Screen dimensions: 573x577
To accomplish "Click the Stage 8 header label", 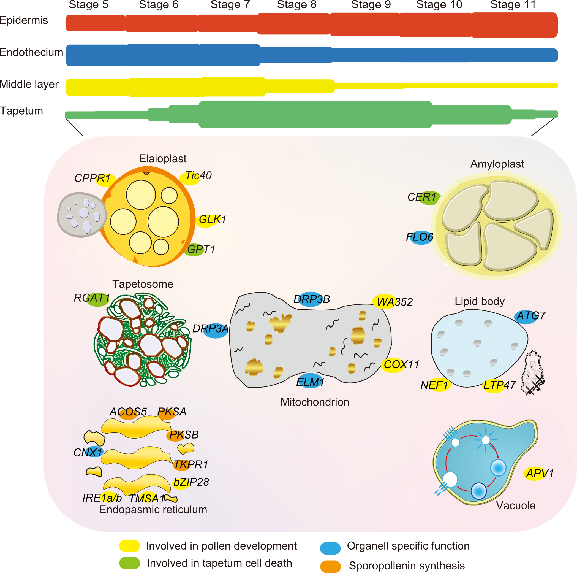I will click(x=296, y=5).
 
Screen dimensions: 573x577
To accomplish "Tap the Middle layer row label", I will click(x=29, y=84).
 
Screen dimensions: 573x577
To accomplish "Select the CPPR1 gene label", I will click(x=92, y=179).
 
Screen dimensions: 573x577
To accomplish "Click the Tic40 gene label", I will click(x=198, y=176).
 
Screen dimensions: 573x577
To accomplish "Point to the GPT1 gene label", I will click(x=201, y=249).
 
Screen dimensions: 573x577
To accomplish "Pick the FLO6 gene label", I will click(x=419, y=237).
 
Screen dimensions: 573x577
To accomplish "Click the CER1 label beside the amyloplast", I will click(x=422, y=197).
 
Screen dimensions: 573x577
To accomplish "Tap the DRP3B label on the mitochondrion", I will click(x=312, y=299).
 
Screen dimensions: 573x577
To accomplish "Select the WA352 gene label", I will click(x=394, y=302).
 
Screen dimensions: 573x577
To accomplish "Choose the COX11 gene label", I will click(x=401, y=364).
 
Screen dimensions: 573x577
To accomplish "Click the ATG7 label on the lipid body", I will click(x=531, y=316).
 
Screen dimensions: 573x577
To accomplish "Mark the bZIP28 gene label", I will click(x=191, y=482).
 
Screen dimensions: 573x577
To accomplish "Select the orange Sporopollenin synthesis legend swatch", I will click(x=330, y=566).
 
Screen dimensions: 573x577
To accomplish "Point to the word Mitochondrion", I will click(x=315, y=402).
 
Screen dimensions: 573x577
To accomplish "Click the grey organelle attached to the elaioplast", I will click(x=81, y=215).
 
